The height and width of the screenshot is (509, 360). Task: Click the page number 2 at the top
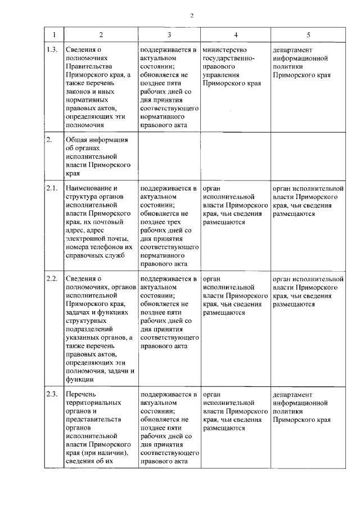[x=191, y=15]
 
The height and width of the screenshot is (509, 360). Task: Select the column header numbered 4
[x=236, y=35]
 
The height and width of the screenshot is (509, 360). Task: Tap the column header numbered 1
[x=53, y=35]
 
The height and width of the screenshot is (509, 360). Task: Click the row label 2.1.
[x=52, y=188]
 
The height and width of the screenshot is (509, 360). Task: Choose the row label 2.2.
[x=52, y=278]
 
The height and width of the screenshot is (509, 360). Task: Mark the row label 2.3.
[x=52, y=394]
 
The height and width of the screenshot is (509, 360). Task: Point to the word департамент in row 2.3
[x=293, y=394]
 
